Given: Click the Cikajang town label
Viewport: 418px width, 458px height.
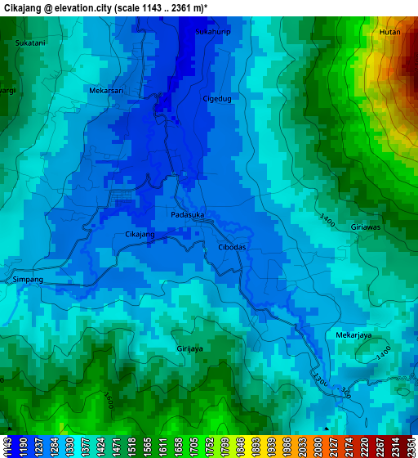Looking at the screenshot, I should pos(140,235).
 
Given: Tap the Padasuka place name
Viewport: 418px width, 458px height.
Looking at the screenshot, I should pos(187,215).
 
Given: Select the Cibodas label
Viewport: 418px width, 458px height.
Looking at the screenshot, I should pos(232,247).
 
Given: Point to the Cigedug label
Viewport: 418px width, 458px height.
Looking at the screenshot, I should pos(217,99).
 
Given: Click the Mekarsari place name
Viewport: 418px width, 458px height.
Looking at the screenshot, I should pos(106,91).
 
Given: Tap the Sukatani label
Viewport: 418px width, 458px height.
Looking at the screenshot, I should pos(30,42).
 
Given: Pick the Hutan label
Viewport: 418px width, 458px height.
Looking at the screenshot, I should pos(389,32).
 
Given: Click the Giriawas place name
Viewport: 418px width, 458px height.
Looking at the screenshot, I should pos(365,227).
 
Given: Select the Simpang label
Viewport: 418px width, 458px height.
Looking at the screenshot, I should pos(28,280).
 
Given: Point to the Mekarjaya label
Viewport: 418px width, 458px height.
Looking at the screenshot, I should pos(354,335).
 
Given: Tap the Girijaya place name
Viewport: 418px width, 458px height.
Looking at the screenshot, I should pos(189,348).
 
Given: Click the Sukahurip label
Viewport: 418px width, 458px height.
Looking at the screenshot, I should pos(214,31).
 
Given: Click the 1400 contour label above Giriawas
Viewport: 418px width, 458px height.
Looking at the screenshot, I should pos(327,220).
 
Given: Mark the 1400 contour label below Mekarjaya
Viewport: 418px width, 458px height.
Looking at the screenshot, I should pos(384,352).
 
